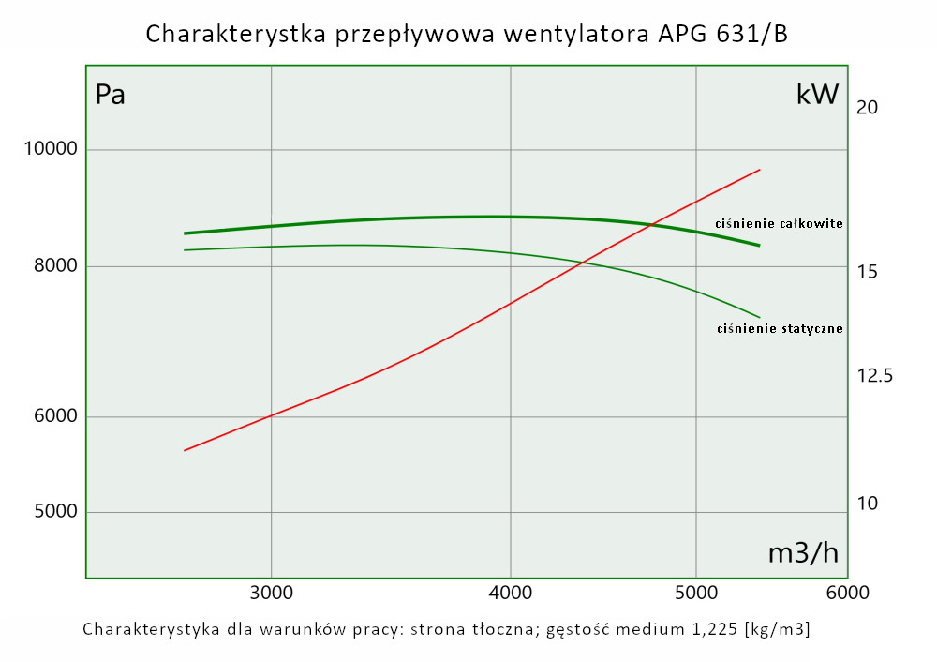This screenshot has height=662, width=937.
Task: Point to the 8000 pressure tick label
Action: (x=52, y=267)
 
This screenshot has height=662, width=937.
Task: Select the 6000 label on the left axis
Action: (x=52, y=417)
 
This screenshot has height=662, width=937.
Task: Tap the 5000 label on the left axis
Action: (x=52, y=512)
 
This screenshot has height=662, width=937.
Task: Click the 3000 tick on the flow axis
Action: (x=271, y=594)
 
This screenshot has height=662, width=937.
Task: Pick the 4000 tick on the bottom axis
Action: (x=511, y=594)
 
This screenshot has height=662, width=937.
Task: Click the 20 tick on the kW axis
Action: (x=867, y=108)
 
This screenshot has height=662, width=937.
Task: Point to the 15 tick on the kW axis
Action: (x=867, y=272)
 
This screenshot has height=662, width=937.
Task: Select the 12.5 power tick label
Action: (x=874, y=376)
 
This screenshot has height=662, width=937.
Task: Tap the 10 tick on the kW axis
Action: (x=867, y=504)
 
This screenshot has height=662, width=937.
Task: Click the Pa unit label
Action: (x=111, y=95)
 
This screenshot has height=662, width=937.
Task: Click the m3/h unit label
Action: (x=803, y=553)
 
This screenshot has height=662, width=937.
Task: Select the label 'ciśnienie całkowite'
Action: (x=779, y=224)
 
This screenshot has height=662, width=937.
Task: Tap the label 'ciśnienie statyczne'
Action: (x=780, y=329)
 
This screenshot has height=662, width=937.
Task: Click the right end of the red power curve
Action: (x=759, y=171)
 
